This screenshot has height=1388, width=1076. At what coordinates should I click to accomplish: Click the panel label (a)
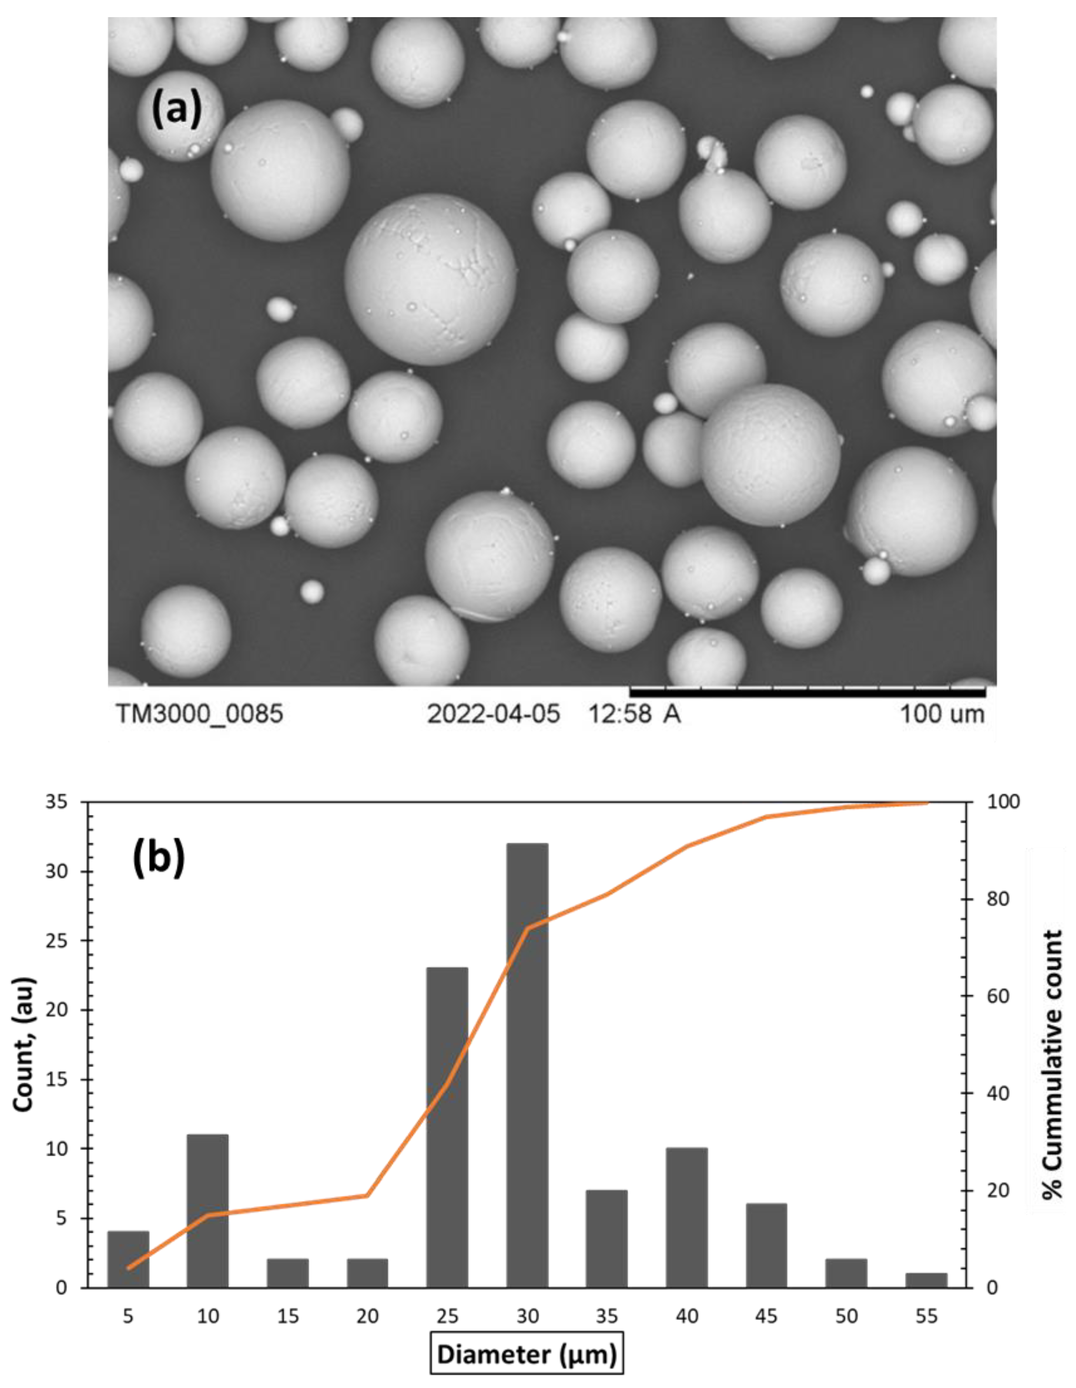tap(176, 109)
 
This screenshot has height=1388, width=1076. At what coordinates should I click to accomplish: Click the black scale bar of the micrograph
tap(807, 691)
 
